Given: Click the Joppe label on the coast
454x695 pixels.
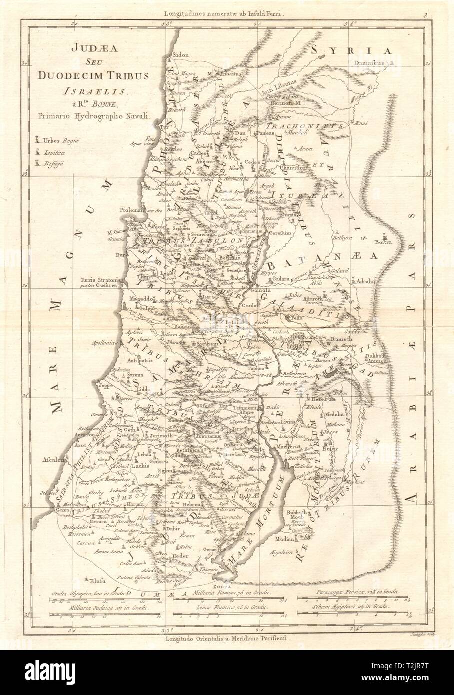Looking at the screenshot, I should pyautogui.click(x=96, y=386).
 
